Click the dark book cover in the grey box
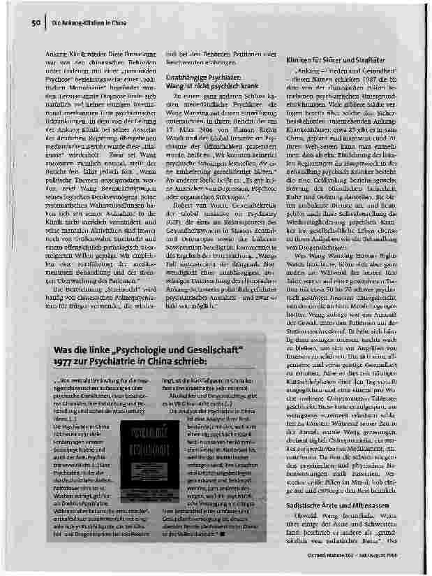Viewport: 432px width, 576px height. tap(142, 441)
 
